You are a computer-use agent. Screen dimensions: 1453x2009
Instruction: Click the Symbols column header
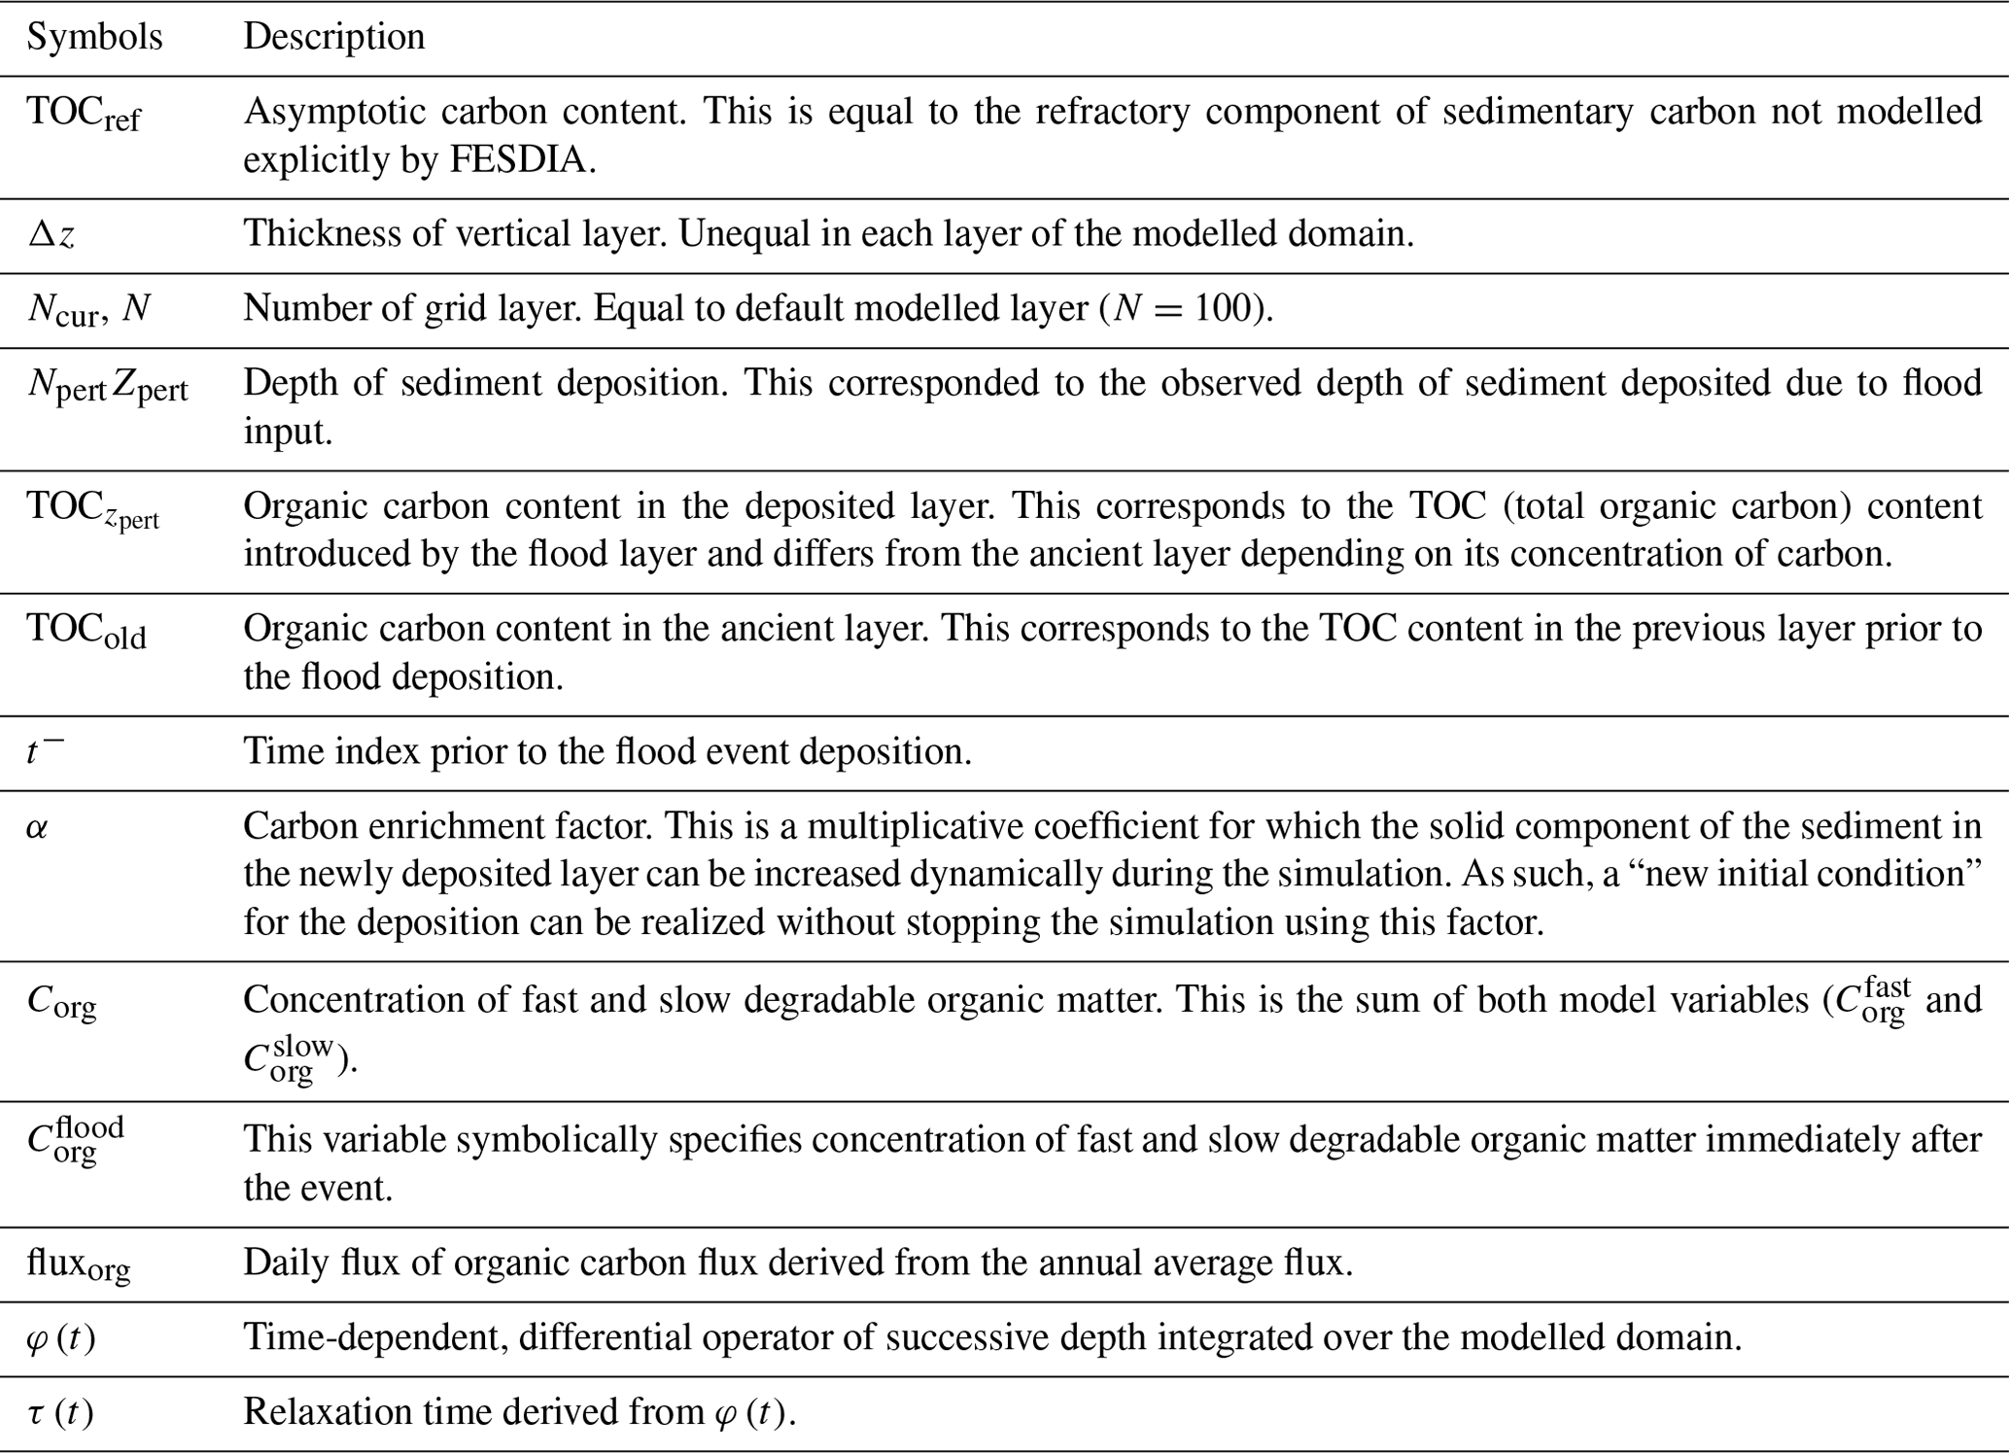pyautogui.click(x=94, y=37)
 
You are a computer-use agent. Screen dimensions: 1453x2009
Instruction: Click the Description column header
pyautogui.click(x=333, y=37)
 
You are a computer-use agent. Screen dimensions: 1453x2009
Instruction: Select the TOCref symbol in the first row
pyautogui.click(x=84, y=115)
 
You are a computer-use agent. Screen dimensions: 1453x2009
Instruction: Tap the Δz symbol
pyautogui.click(x=52, y=234)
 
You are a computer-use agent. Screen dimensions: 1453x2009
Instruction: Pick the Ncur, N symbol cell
pyautogui.click(x=88, y=310)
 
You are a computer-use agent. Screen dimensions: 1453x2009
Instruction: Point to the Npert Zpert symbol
pyautogui.click(x=107, y=386)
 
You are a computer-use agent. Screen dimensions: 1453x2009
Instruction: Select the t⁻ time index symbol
pyautogui.click(x=45, y=751)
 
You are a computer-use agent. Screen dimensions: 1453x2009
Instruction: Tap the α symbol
pyautogui.click(x=37, y=829)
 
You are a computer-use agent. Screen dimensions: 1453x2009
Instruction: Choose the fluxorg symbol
pyautogui.click(x=79, y=1263)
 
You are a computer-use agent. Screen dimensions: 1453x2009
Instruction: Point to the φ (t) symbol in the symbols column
pyautogui.click(x=61, y=1339)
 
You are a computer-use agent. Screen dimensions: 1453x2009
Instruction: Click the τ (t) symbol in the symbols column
pyautogui.click(x=60, y=1413)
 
